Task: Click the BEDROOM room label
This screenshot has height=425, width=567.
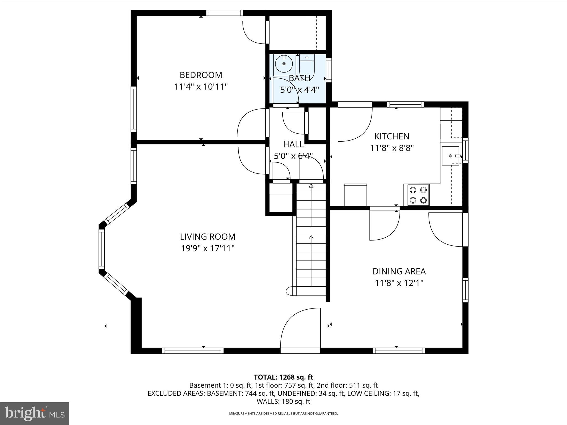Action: [201, 75]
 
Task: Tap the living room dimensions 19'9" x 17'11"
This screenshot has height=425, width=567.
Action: [208, 248]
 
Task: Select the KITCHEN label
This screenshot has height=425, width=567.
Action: [392, 136]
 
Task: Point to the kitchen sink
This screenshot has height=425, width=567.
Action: [450, 156]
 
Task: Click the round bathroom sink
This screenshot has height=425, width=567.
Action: [284, 64]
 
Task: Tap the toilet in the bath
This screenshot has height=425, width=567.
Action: [307, 66]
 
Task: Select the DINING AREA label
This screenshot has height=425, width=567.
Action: [399, 271]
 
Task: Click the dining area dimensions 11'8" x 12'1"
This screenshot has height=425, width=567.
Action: [399, 283]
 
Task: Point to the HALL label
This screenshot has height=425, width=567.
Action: [293, 144]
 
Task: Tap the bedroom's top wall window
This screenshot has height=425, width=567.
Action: [224, 13]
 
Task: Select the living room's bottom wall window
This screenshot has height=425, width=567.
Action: [193, 351]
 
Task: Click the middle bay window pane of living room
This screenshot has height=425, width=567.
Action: [102, 249]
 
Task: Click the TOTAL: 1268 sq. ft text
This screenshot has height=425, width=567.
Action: [283, 377]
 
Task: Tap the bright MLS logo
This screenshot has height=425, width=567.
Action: [35, 414]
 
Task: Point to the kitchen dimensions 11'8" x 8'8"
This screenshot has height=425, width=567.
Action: [392, 148]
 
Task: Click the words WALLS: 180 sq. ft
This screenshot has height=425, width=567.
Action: [283, 401]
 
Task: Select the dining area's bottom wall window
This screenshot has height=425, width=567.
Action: [398, 351]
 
